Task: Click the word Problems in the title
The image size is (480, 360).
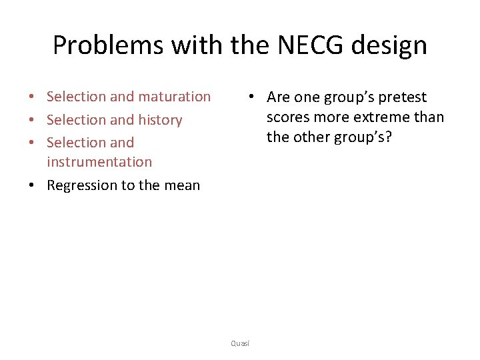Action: pos(107,45)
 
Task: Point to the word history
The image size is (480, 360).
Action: pos(160,120)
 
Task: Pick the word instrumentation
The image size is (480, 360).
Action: pos(99,162)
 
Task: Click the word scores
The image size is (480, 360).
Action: pos(288,117)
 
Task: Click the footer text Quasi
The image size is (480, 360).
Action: pos(240,343)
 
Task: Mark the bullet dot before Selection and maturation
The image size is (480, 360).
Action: pos(33,97)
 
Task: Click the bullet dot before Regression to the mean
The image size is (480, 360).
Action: pos(33,186)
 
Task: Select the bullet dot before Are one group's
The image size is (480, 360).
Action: pos(250,97)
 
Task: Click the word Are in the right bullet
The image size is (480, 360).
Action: pos(279,97)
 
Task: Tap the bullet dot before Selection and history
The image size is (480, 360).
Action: pos(33,121)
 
